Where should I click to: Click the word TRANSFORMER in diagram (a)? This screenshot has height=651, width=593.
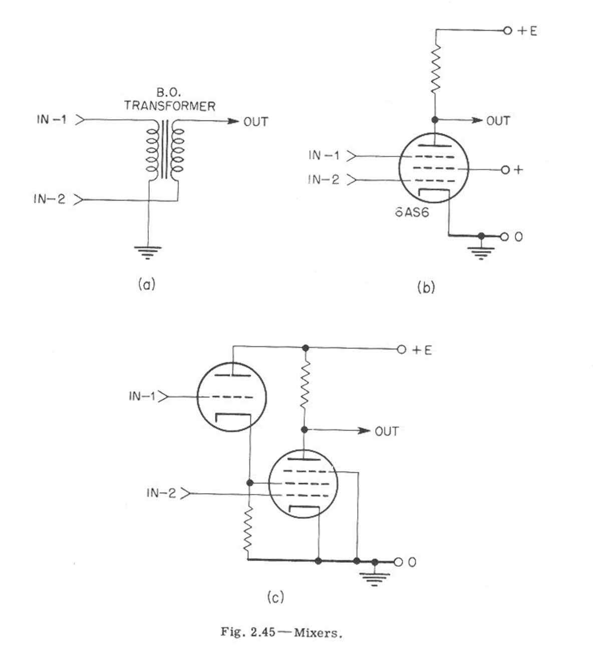pos(170,106)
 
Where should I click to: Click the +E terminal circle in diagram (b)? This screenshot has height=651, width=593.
pos(507,31)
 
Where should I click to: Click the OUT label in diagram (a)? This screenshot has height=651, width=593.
pos(255,122)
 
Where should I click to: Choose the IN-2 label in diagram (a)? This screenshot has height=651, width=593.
pos(49,199)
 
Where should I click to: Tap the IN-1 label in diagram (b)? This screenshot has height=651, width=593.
pos(324,155)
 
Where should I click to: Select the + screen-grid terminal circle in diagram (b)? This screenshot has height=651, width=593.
pos(505,170)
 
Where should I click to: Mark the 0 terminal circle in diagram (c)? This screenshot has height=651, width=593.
pos(398,562)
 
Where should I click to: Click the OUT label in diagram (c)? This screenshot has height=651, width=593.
pos(386,431)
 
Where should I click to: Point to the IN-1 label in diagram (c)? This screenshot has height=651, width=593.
pos(142,396)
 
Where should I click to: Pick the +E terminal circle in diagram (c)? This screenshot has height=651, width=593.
pos(401,350)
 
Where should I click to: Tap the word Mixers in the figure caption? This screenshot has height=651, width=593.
pos(317,632)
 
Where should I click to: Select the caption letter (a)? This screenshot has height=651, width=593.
pos(146,285)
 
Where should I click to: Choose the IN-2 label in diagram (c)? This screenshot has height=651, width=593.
pos(161,493)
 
